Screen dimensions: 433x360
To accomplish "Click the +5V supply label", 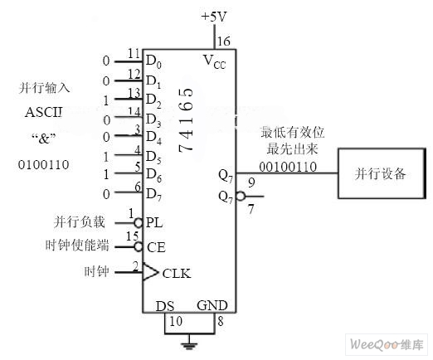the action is (x=214, y=17).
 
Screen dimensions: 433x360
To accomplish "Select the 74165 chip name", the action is (x=186, y=119).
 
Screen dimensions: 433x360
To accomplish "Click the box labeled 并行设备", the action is (x=382, y=173).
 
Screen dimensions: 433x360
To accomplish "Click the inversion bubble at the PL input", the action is (x=139, y=222).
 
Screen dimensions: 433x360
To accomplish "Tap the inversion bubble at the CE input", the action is (x=139, y=246).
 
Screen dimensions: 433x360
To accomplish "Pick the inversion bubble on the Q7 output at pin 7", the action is (x=241, y=196).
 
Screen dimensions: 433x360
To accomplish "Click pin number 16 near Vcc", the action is (x=224, y=41).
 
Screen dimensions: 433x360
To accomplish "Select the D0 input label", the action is (x=153, y=61).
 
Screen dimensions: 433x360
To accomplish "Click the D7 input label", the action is (x=153, y=195).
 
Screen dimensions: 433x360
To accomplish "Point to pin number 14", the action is (x=134, y=111).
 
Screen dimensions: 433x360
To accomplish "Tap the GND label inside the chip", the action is (x=212, y=305).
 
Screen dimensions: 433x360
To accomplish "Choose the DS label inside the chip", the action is (x=165, y=306).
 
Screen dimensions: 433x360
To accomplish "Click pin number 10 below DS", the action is (x=176, y=321).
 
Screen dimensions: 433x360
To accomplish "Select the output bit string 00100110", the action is (x=288, y=167).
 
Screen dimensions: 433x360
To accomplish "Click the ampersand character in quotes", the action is (x=44, y=139).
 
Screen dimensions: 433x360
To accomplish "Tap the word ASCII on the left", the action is (x=44, y=112).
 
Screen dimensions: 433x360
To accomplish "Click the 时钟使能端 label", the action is (x=77, y=246).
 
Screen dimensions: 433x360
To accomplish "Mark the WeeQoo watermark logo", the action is (x=387, y=344).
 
